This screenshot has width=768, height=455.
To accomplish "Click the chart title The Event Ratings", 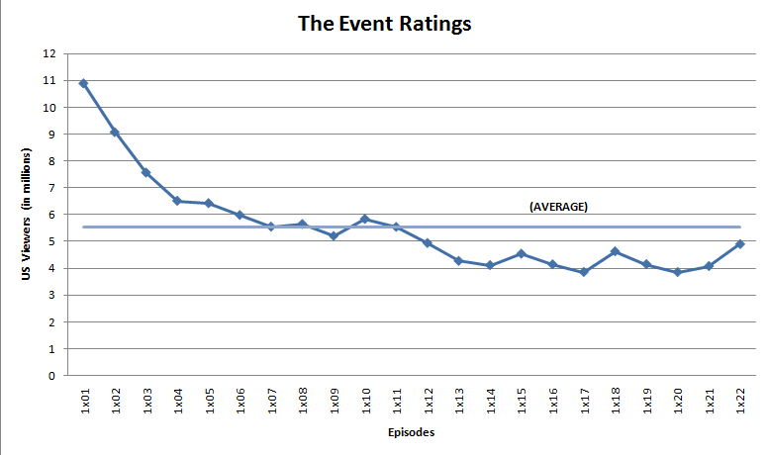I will coord(384,23).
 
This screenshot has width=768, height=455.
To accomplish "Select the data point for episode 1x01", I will coord(84,83).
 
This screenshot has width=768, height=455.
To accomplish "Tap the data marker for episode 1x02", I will coord(115,132).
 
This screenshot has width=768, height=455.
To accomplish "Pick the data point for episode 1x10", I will coord(365,219).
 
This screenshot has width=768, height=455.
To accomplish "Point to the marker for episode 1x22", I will coord(740,243).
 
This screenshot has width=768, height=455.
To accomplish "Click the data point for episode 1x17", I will coord(584,272).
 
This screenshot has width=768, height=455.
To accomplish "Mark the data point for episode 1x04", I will coord(177,201).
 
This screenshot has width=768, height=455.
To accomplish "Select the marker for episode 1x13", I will coord(458,261).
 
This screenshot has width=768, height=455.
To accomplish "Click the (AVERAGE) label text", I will coord(559,208).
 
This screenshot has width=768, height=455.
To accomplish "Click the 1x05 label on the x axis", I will coord(209,402).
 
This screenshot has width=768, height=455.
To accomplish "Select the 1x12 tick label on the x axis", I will coord(428,402).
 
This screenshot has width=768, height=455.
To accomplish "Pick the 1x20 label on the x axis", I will coord(678,402).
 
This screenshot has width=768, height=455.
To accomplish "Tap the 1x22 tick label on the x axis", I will coord(740,402).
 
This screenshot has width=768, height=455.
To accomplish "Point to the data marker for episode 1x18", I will coord(615,252).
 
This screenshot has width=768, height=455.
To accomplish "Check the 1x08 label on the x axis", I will coord(303,402).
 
